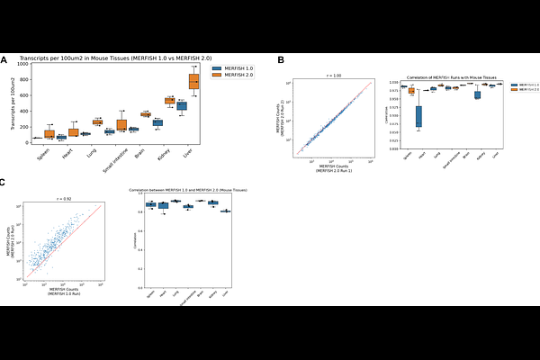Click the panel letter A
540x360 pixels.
(x=4, y=60)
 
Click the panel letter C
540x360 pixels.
(x=4, y=183)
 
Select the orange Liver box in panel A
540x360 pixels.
(x=193, y=82)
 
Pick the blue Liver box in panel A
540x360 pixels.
(x=182, y=105)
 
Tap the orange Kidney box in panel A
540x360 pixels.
(x=169, y=101)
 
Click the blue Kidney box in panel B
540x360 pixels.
(x=477, y=94)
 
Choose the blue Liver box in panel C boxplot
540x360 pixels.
(x=224, y=211)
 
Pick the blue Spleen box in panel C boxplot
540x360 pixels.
(x=151, y=205)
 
